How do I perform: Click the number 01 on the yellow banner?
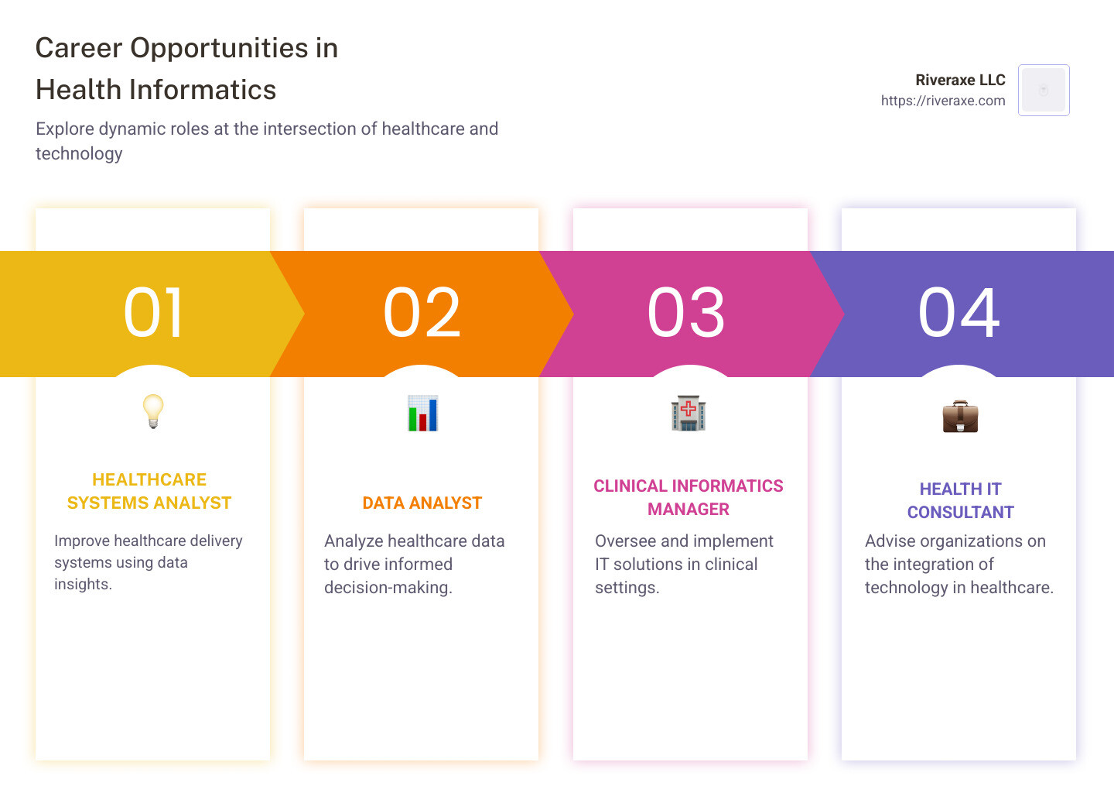click(x=153, y=313)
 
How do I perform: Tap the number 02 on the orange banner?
click(x=422, y=313)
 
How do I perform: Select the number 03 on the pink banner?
click(x=686, y=313)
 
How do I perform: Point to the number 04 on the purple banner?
click(x=959, y=313)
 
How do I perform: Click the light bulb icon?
click(x=153, y=411)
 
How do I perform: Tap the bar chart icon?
click(x=422, y=414)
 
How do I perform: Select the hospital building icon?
click(x=689, y=413)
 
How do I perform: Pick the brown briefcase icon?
click(x=960, y=417)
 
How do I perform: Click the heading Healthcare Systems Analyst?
click(x=149, y=491)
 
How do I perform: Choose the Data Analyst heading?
click(x=422, y=503)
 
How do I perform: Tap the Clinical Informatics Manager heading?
click(x=689, y=497)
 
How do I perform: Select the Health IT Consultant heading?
click(x=960, y=500)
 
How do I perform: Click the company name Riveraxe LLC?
click(x=960, y=80)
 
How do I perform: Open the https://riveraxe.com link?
click(x=943, y=101)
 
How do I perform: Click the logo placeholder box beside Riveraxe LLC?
click(x=1044, y=91)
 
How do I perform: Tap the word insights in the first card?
click(x=83, y=584)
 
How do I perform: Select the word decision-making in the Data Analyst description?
click(x=388, y=588)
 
